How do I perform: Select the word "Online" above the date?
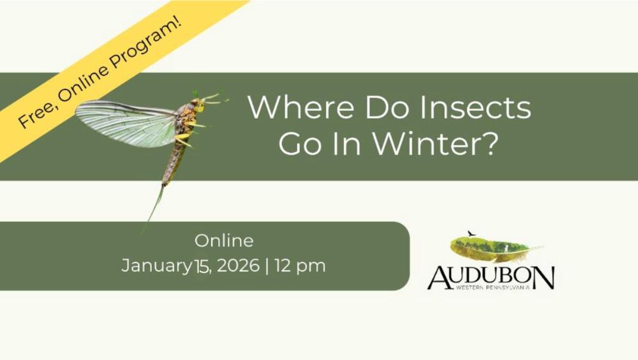224,241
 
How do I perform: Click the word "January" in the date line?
156,266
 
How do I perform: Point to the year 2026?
238,266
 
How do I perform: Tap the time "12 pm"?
300,266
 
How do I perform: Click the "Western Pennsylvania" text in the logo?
493,287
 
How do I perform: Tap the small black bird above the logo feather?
471,234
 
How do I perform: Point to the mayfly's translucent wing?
126,123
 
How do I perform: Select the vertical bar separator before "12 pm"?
267,266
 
